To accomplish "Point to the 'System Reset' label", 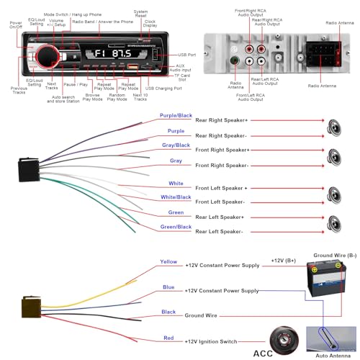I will pyautogui.click(x=139, y=12).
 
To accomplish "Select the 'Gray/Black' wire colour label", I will pyautogui.click(x=175, y=145).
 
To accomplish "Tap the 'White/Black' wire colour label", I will pyautogui.click(x=175, y=197).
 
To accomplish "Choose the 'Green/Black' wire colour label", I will pyautogui.click(x=175, y=226).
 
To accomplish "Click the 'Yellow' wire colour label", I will pyautogui.click(x=168, y=262).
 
